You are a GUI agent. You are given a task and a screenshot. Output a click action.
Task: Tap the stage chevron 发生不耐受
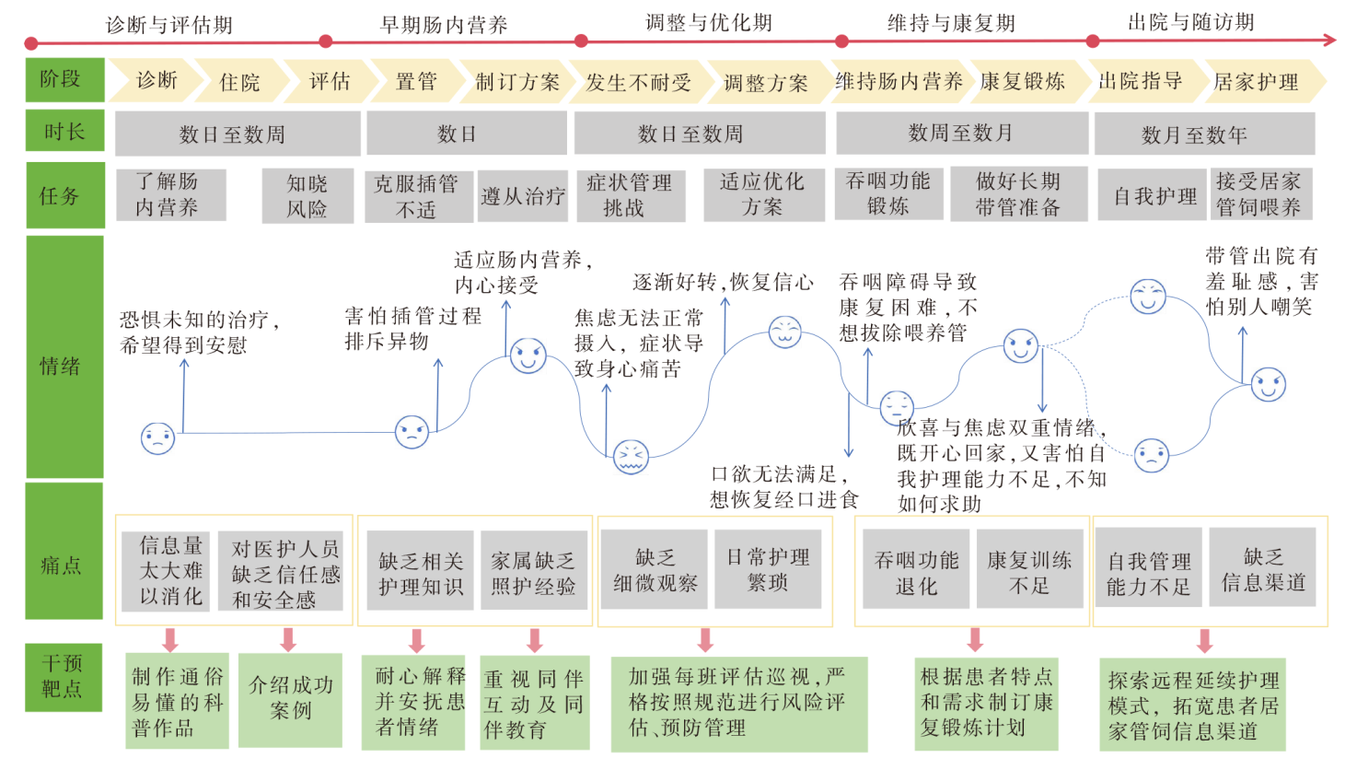click(638, 83)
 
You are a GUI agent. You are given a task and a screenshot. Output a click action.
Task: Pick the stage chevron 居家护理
click(1257, 82)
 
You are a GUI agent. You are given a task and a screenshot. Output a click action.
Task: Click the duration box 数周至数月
click(960, 134)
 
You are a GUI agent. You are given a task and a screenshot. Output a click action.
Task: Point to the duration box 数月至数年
click(1194, 135)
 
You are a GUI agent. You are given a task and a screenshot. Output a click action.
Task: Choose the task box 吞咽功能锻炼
click(887, 193)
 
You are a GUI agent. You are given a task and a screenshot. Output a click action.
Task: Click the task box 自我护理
click(1154, 195)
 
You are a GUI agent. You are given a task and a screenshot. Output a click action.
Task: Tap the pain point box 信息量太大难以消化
click(171, 570)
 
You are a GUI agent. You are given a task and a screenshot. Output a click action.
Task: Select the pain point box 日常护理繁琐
click(768, 569)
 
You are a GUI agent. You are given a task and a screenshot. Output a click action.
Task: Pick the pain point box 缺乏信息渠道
click(1262, 569)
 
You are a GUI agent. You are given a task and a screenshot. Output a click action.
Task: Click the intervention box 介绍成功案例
click(290, 698)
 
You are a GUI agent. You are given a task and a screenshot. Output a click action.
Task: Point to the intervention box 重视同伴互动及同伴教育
click(534, 705)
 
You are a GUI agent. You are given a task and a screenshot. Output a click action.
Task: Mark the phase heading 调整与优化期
click(709, 22)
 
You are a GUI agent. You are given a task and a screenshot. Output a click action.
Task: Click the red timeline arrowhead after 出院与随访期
click(1328, 40)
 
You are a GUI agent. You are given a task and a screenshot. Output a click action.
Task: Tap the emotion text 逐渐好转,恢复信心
click(723, 282)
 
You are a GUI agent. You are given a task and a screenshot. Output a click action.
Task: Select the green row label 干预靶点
click(63, 676)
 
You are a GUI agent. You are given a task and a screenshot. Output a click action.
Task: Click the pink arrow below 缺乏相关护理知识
click(417, 640)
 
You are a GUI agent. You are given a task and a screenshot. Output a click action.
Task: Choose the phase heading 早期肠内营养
click(444, 24)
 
